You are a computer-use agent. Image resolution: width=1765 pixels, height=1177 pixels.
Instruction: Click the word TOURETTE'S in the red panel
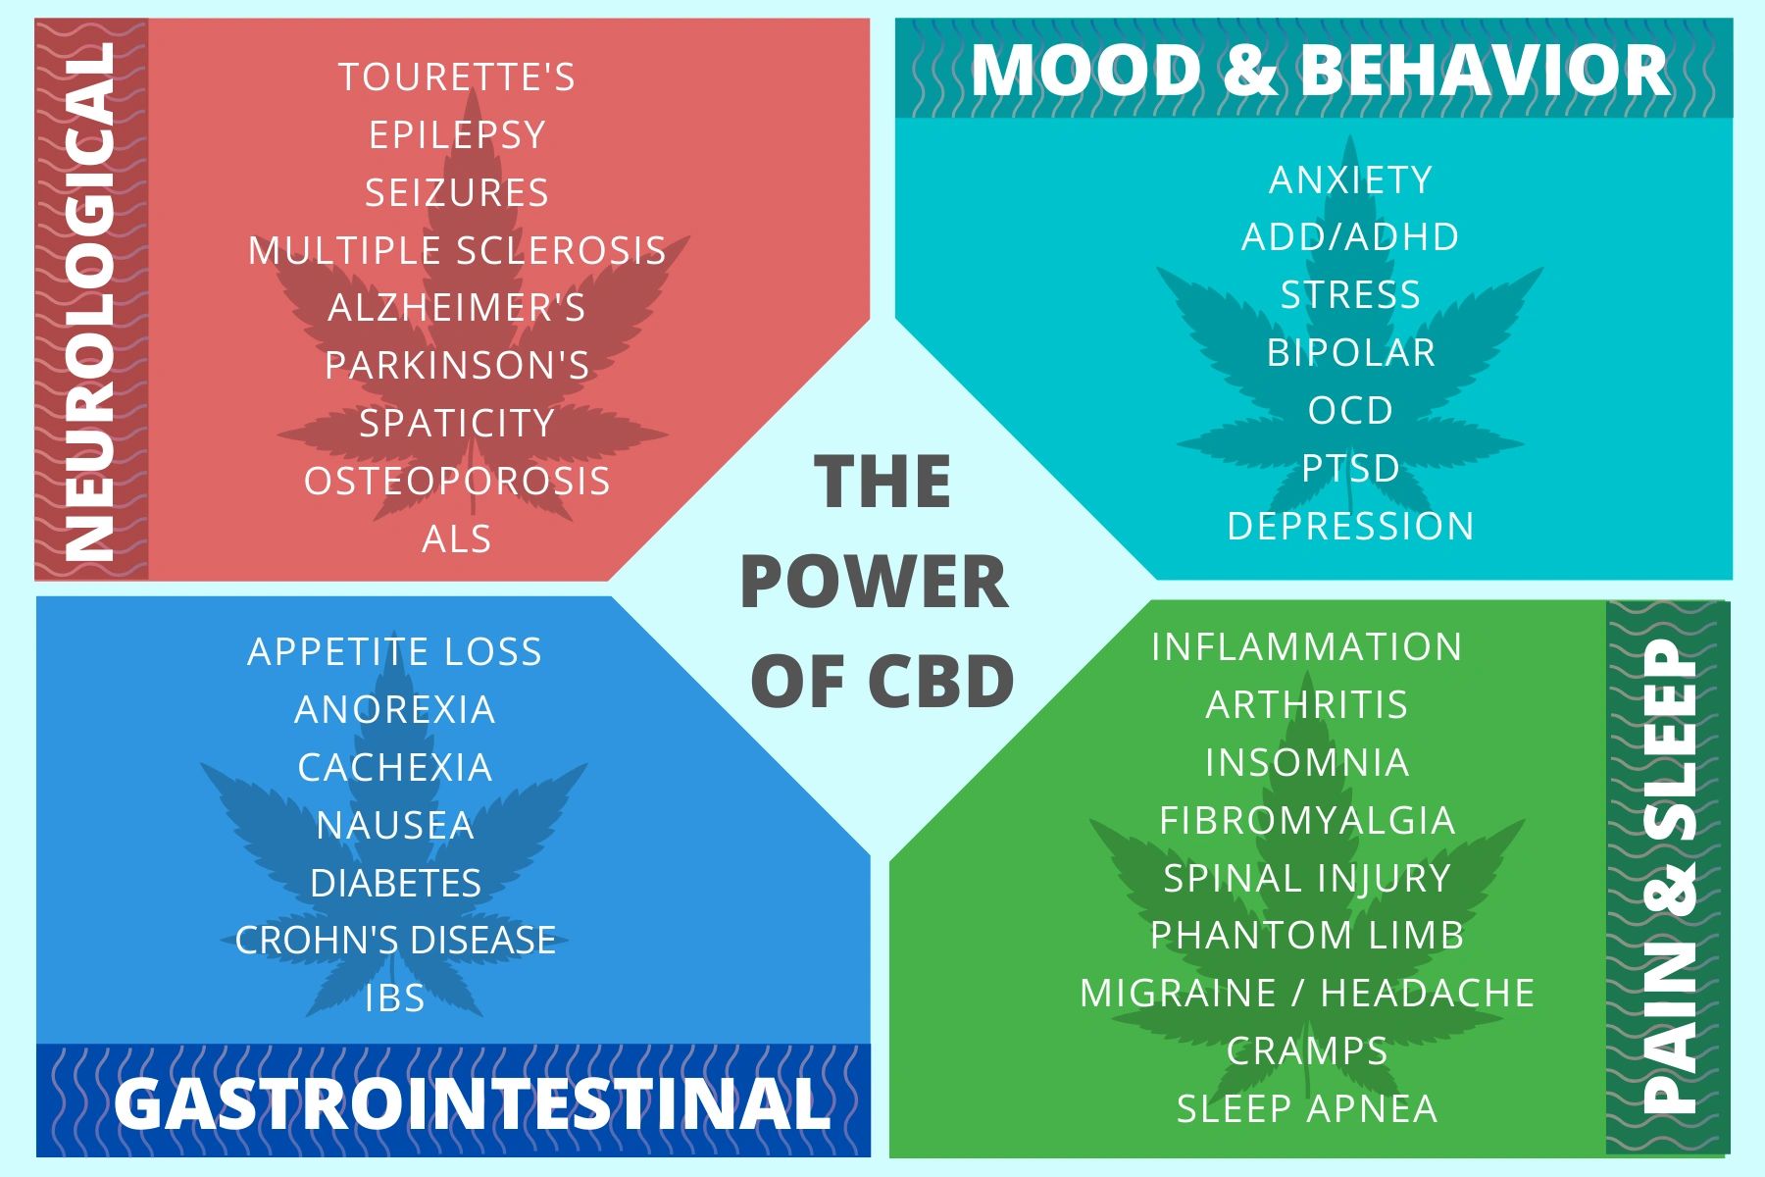pyautogui.click(x=457, y=77)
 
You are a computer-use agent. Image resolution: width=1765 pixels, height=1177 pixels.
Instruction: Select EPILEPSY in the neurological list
pyautogui.click(x=457, y=134)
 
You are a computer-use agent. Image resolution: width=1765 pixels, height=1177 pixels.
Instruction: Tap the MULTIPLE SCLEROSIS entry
pyautogui.click(x=457, y=250)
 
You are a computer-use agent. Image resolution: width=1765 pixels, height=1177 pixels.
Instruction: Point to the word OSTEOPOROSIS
pyautogui.click(x=457, y=481)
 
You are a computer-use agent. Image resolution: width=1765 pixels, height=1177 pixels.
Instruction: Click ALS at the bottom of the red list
pyautogui.click(x=457, y=538)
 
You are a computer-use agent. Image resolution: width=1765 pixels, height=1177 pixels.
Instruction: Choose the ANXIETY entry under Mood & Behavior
pyautogui.click(x=1351, y=179)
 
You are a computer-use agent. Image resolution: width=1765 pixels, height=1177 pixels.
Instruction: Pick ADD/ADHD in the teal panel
pyautogui.click(x=1351, y=236)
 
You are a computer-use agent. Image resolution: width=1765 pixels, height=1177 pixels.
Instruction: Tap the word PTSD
pyautogui.click(x=1351, y=468)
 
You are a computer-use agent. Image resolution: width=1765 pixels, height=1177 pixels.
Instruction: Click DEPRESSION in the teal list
pyautogui.click(x=1351, y=526)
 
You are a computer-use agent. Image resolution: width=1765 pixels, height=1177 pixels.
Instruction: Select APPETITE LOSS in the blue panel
pyautogui.click(x=395, y=651)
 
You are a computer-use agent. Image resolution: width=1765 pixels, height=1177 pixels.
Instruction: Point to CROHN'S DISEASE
pyautogui.click(x=395, y=940)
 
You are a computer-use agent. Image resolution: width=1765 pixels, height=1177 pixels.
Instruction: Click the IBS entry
pyautogui.click(x=395, y=998)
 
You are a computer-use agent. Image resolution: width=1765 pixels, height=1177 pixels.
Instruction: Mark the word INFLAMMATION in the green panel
pyautogui.click(x=1307, y=646)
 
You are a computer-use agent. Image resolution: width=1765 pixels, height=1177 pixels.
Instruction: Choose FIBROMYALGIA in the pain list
pyautogui.click(x=1307, y=820)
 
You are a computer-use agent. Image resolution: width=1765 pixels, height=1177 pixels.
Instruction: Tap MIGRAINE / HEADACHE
pyautogui.click(x=1307, y=993)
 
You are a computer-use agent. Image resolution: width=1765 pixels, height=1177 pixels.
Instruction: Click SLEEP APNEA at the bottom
pyautogui.click(x=1307, y=1108)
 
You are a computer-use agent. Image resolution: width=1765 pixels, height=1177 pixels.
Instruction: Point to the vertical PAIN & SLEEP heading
pyautogui.click(x=1669, y=877)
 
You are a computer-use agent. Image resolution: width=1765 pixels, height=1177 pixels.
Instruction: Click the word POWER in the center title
pyautogui.click(x=874, y=582)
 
